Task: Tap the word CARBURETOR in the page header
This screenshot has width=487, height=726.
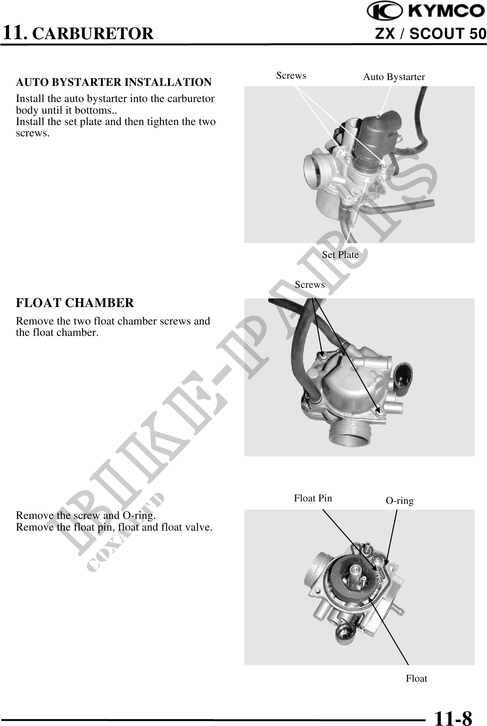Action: [94, 34]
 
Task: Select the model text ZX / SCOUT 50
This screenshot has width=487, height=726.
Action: [431, 34]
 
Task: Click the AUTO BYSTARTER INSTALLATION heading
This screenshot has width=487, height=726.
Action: [114, 82]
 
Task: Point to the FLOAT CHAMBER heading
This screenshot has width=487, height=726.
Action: [75, 303]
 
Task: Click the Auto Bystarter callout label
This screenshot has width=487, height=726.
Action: [394, 77]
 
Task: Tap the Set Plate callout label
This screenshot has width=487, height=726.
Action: [340, 255]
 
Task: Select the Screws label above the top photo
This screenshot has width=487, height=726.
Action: [291, 76]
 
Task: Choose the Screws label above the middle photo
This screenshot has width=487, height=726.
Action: [310, 284]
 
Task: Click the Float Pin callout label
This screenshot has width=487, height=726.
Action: [313, 498]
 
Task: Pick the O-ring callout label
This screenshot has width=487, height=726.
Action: [400, 501]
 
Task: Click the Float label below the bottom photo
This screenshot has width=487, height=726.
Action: [417, 678]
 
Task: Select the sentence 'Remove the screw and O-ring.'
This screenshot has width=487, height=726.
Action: [86, 516]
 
